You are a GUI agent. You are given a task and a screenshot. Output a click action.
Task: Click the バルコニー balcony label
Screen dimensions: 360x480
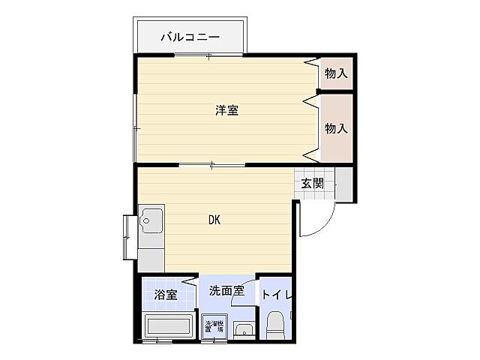coord(190,36)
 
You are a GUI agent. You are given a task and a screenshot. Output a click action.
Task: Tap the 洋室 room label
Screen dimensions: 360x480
coord(226,110)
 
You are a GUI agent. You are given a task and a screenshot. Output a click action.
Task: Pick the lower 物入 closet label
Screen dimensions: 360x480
coord(336,128)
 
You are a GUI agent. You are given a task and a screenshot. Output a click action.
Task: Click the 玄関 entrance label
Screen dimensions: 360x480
coord(313,183)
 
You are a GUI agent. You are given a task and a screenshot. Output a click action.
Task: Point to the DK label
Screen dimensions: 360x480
coord(214,220)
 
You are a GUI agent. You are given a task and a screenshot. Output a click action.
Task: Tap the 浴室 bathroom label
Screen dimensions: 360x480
coord(166,295)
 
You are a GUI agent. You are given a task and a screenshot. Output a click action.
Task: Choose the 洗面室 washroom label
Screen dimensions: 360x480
coord(226,290)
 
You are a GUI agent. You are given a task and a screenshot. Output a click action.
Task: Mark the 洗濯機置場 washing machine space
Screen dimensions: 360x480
coord(213,327)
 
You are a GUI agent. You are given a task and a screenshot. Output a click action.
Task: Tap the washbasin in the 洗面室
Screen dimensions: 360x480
coord(244,329)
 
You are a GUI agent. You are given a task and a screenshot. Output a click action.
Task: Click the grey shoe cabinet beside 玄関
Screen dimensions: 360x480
coord(343,184)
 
